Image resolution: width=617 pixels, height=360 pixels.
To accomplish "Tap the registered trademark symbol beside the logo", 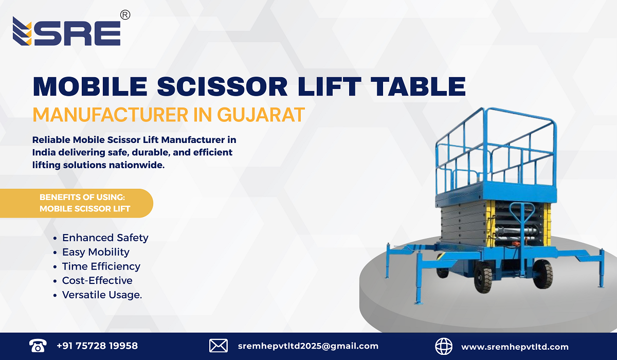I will tap(124, 15).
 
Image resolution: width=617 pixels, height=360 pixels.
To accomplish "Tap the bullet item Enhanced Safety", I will tap(105, 238).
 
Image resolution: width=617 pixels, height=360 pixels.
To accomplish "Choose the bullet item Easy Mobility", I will tap(96, 252).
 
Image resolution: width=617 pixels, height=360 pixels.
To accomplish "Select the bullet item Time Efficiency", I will tap(101, 266).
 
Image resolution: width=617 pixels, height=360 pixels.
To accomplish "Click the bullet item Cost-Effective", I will tap(97, 281).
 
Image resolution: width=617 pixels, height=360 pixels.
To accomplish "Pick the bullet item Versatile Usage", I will tap(102, 295).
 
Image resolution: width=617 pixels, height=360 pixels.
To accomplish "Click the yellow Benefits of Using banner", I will tap(85, 203).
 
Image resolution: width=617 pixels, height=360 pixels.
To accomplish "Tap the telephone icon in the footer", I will tap(38, 346).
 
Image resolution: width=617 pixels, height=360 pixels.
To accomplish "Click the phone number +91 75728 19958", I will tap(97, 346).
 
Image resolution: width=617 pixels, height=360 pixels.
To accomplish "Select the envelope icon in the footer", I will tap(219, 346).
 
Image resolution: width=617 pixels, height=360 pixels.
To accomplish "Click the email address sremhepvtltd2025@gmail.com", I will tap(308, 346).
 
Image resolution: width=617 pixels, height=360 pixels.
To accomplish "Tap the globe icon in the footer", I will tap(444, 346).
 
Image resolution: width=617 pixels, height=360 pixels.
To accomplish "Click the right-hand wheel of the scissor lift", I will tap(542, 274).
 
